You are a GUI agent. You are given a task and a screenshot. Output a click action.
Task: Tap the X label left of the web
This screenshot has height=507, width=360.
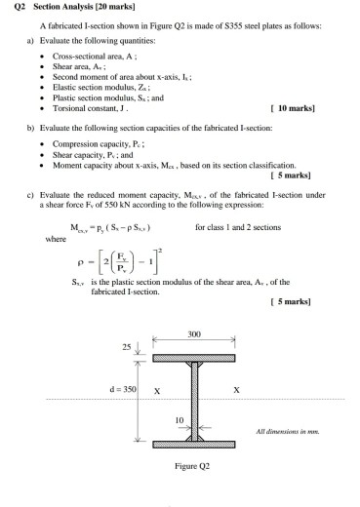(159, 391)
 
